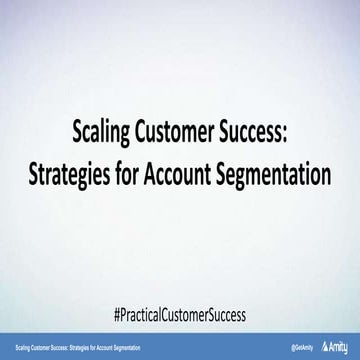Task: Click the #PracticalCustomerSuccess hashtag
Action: point(180,311)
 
